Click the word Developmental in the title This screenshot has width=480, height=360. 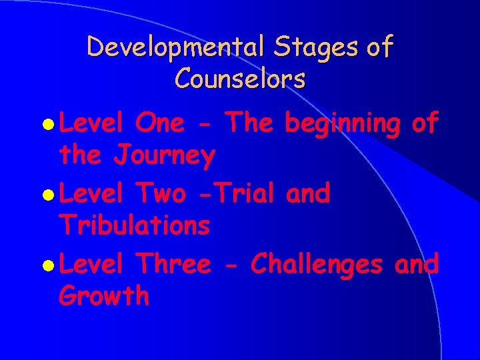click(167, 48)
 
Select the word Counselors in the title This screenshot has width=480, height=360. click(240, 79)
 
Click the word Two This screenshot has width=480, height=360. click(160, 193)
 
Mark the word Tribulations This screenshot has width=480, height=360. click(135, 226)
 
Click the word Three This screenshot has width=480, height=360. click(173, 264)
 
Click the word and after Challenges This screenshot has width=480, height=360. click(417, 264)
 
